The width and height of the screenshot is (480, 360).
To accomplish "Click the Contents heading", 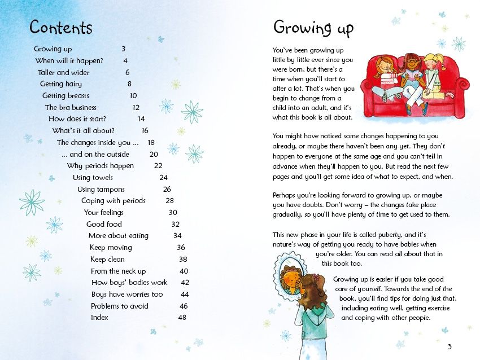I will click(x=60, y=27).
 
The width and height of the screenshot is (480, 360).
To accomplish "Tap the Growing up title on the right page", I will click(x=313, y=27).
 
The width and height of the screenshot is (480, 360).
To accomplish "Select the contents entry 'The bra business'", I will click(x=71, y=107).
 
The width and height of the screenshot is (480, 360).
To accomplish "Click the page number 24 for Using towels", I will click(x=163, y=177).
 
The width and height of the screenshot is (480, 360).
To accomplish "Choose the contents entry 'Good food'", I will click(x=104, y=224).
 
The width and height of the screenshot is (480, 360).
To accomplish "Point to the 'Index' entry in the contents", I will click(x=99, y=318).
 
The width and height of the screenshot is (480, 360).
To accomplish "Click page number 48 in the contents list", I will click(x=182, y=318).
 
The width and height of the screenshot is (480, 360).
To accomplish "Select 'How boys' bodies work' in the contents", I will click(x=129, y=283).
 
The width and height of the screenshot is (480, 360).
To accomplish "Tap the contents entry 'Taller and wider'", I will click(x=64, y=72).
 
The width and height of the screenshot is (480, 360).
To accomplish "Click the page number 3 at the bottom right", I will click(x=450, y=346).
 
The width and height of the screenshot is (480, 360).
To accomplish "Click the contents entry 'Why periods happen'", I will click(x=101, y=166).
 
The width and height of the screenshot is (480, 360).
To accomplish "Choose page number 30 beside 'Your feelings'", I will click(x=173, y=213).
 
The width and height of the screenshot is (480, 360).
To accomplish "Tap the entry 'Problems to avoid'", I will click(x=120, y=306).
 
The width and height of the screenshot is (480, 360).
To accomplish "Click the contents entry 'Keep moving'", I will click(x=111, y=248).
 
